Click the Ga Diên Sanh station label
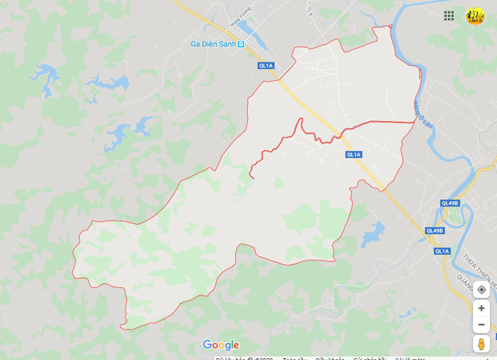(213, 44)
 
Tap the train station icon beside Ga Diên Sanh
(241, 44)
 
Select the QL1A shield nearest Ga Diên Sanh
(266, 66)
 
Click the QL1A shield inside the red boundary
(353, 155)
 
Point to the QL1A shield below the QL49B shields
(442, 251)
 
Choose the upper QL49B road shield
(450, 203)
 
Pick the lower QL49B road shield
(434, 231)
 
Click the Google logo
(220, 345)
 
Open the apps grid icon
(449, 16)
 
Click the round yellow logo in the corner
(475, 16)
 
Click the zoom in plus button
(481, 308)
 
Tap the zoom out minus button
(481, 324)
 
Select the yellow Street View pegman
(481, 344)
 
